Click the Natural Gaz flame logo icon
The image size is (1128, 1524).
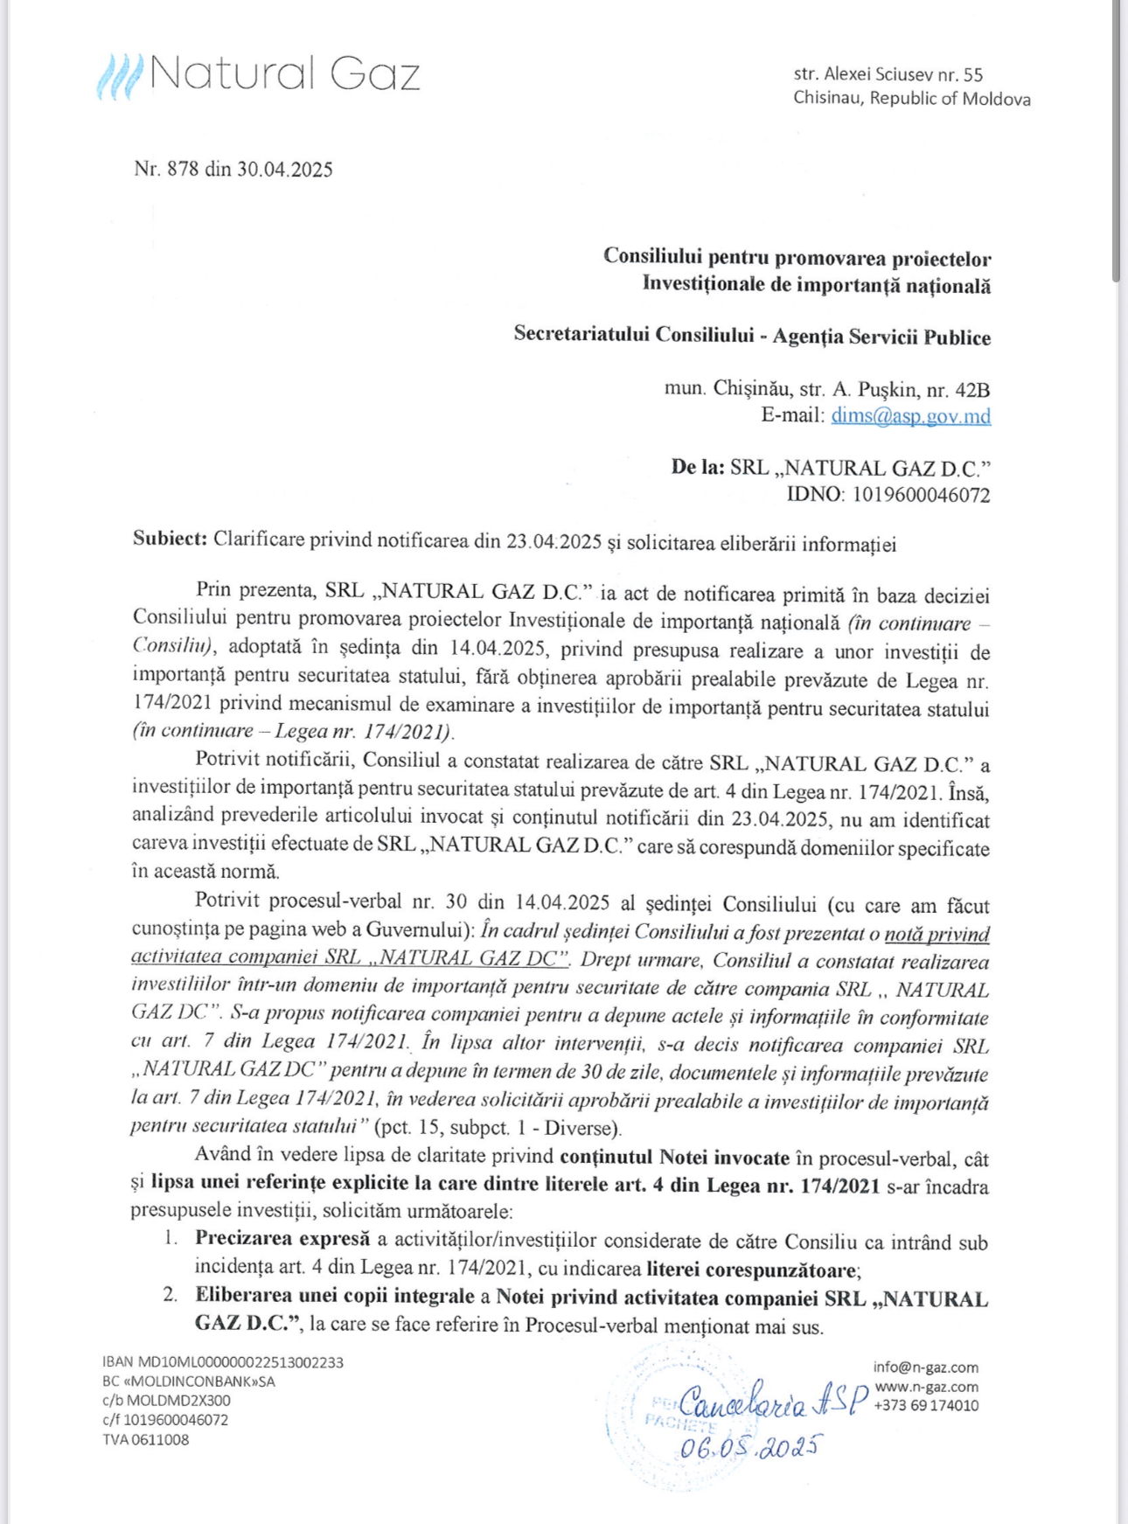coord(120,77)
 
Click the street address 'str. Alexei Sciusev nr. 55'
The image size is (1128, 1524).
coord(888,75)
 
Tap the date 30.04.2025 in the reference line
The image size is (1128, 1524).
coord(285,170)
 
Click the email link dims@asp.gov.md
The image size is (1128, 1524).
coord(910,416)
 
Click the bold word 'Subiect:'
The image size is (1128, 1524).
coord(170,539)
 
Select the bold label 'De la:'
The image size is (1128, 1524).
coord(698,468)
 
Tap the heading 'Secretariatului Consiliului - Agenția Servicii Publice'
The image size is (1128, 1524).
coord(752,337)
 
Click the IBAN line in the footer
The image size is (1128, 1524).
coord(222,1362)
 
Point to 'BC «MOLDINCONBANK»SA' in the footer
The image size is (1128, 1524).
coord(188,1381)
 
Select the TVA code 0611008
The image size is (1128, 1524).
coord(145,1439)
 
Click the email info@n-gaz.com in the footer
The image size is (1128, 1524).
coord(925,1367)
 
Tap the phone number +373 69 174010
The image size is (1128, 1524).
coord(926,1406)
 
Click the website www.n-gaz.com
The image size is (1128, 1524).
coord(926,1387)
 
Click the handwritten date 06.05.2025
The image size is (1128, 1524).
coord(750,1447)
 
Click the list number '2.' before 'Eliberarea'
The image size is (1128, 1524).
coord(171,1295)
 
